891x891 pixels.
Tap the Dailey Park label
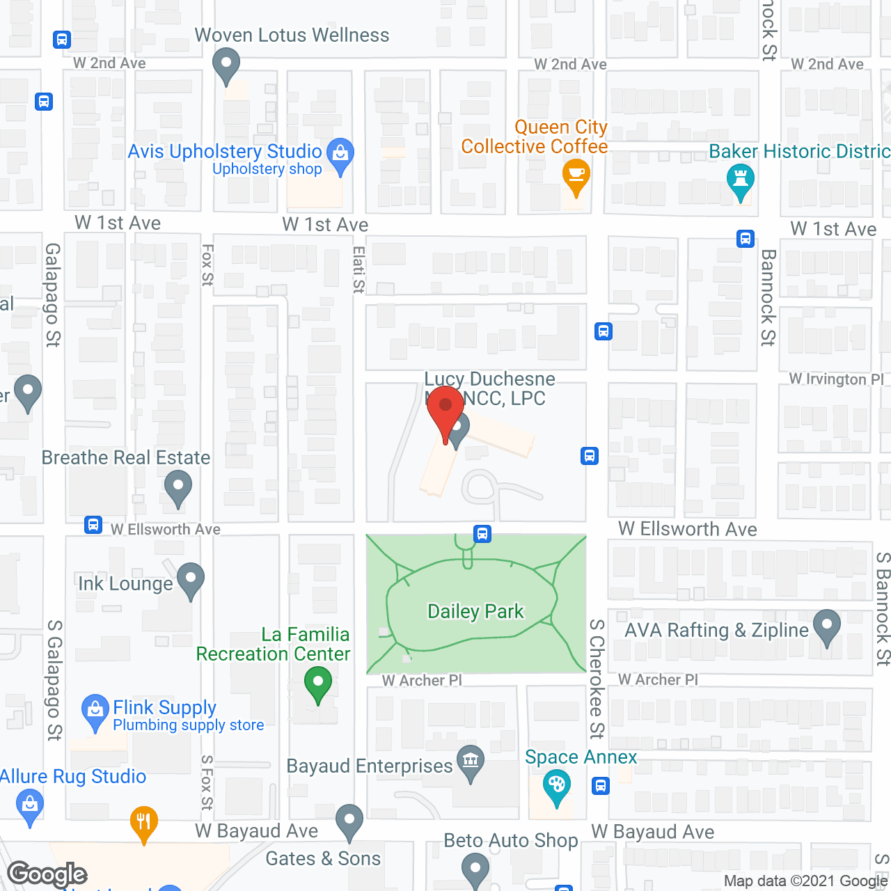(x=475, y=612)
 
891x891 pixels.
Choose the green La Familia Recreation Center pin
(x=318, y=683)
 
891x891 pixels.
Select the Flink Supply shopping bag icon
(x=95, y=711)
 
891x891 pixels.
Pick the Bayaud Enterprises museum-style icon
(x=471, y=761)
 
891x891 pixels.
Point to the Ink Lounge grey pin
(x=190, y=580)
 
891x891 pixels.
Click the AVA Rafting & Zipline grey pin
(x=827, y=626)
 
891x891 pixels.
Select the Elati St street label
(x=358, y=269)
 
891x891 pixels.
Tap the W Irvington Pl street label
(x=836, y=379)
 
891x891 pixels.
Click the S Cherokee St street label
(x=597, y=679)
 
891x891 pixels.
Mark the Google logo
(x=47, y=874)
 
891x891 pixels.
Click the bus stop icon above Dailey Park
(x=482, y=534)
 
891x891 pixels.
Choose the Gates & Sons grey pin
(x=349, y=821)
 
